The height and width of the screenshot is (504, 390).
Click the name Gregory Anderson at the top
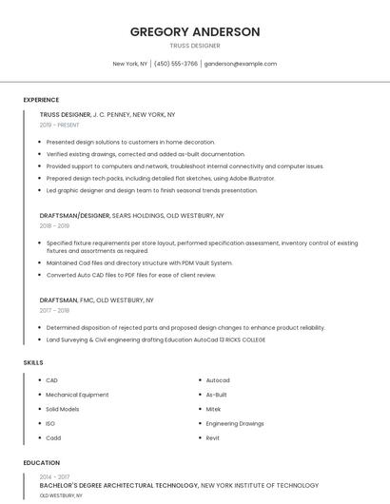click(x=195, y=31)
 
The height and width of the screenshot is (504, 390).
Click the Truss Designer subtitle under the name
click(x=195, y=46)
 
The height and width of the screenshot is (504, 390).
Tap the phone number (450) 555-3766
click(x=176, y=64)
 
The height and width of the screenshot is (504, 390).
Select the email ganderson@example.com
click(x=241, y=64)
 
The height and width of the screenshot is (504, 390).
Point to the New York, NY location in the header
click(x=130, y=64)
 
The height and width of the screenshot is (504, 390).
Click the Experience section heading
click(x=41, y=99)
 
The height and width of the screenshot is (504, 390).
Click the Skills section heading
click(x=33, y=362)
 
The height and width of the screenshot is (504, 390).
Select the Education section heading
click(x=42, y=463)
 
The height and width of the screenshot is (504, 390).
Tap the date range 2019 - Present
click(x=60, y=125)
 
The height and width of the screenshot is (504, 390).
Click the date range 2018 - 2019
click(x=54, y=225)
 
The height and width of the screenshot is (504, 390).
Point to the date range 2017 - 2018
click(x=54, y=310)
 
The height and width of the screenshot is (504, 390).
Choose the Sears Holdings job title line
click(x=131, y=215)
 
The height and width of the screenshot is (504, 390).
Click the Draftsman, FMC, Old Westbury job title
click(x=96, y=300)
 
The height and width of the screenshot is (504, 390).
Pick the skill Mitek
click(x=213, y=409)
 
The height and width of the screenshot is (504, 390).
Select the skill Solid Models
click(x=63, y=409)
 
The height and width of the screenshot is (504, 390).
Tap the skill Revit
click(x=213, y=437)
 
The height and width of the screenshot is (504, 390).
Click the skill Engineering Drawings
click(x=235, y=423)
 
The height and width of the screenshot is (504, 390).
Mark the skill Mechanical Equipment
click(x=77, y=395)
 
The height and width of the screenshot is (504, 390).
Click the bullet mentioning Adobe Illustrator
click(x=161, y=178)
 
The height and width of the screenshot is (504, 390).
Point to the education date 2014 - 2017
click(x=54, y=476)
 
